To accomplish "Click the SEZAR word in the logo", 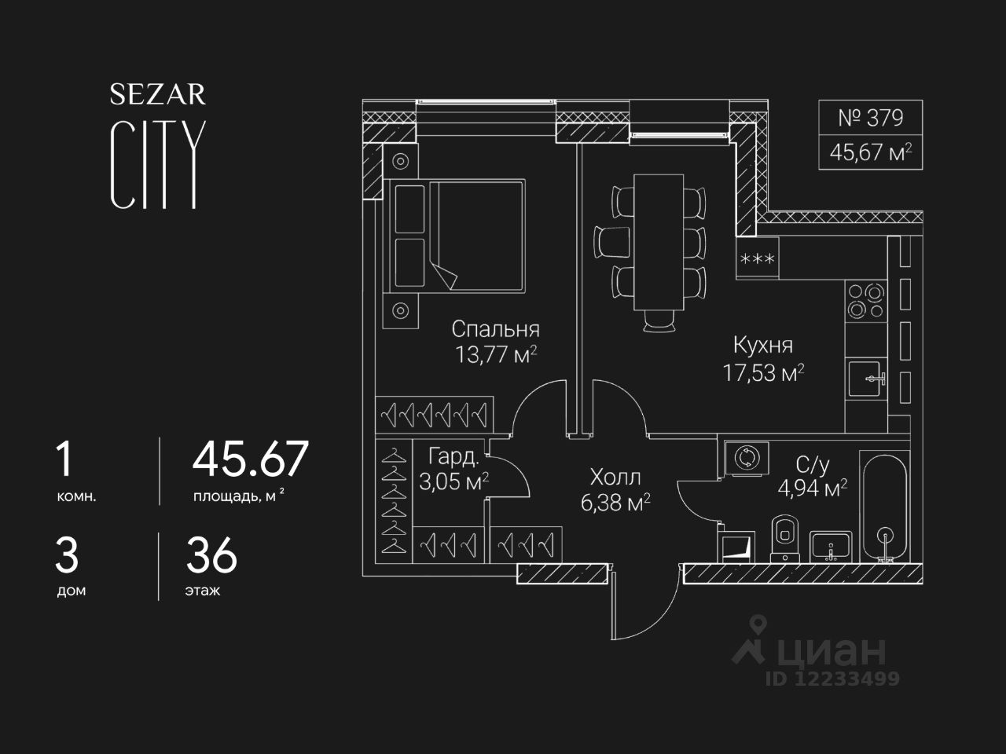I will click(x=157, y=95).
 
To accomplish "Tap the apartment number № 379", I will click(x=870, y=118).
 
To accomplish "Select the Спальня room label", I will click(x=495, y=329).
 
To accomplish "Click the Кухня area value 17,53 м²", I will click(x=762, y=372).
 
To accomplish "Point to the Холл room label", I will click(x=615, y=478).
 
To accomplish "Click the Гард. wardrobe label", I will click(x=453, y=457).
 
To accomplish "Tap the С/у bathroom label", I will click(x=813, y=466).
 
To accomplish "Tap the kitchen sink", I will click(x=866, y=379).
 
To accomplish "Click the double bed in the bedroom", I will click(x=457, y=235).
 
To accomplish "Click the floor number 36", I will click(x=211, y=557).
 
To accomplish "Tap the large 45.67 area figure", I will click(x=251, y=459).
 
